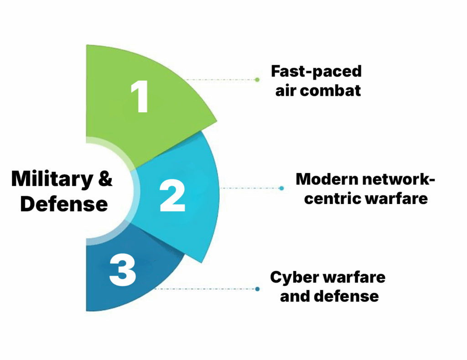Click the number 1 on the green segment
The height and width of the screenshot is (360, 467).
point(140,97)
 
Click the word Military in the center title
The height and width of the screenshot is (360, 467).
point(50,178)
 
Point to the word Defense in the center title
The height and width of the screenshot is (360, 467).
point(64,204)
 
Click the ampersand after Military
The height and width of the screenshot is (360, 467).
point(104,178)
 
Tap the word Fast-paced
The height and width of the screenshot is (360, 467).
point(316,72)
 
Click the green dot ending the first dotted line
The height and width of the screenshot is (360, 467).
point(257,79)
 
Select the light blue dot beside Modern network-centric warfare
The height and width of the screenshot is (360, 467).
point(281,188)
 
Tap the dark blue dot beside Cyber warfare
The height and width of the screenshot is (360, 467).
point(258,289)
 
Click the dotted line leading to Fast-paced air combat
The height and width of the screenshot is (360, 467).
point(219,79)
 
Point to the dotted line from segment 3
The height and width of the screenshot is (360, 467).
point(205,289)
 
